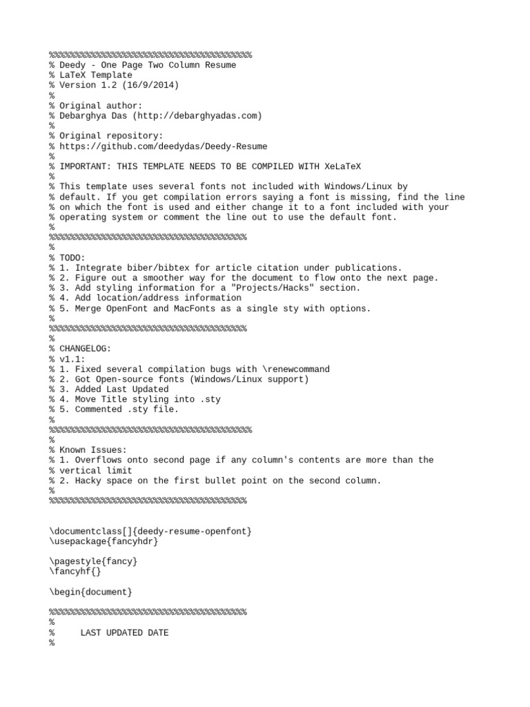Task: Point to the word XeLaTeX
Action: (x=340, y=166)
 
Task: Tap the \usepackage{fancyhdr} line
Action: (x=104, y=541)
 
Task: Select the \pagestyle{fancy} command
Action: (x=93, y=561)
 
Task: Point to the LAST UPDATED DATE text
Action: (x=124, y=632)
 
